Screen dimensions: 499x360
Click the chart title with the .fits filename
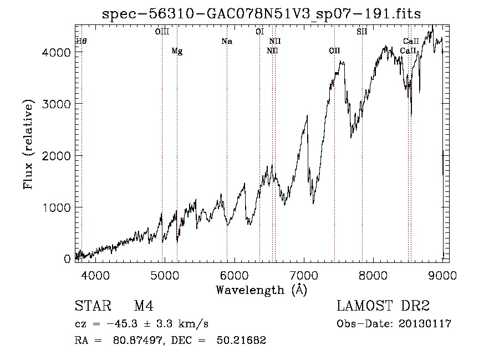coord(261,14)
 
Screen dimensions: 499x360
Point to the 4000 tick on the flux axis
coord(56,52)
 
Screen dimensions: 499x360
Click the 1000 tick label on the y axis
coord(56,207)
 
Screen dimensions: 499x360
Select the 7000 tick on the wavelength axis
coord(304,275)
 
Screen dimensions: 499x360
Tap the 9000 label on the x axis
coord(442,275)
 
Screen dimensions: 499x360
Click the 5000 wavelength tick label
coord(165,275)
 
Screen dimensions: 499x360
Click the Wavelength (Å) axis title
coord(262,290)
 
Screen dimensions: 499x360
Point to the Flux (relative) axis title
coord(28,145)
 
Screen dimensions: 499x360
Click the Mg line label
coord(177,51)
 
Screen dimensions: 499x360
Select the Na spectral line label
coord(227,42)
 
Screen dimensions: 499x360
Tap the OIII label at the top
coord(162,32)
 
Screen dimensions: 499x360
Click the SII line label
coord(362,32)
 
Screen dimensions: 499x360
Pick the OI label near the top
coord(259,32)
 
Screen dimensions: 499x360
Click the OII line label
coord(334,51)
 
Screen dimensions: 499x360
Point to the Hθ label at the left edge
coord(81,42)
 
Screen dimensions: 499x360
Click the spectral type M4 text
coord(144,306)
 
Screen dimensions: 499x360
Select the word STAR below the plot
coord(93,306)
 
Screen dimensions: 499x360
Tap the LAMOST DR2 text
coord(383,306)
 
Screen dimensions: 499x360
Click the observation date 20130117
coord(425,324)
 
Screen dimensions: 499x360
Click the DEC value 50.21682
coord(241,340)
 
